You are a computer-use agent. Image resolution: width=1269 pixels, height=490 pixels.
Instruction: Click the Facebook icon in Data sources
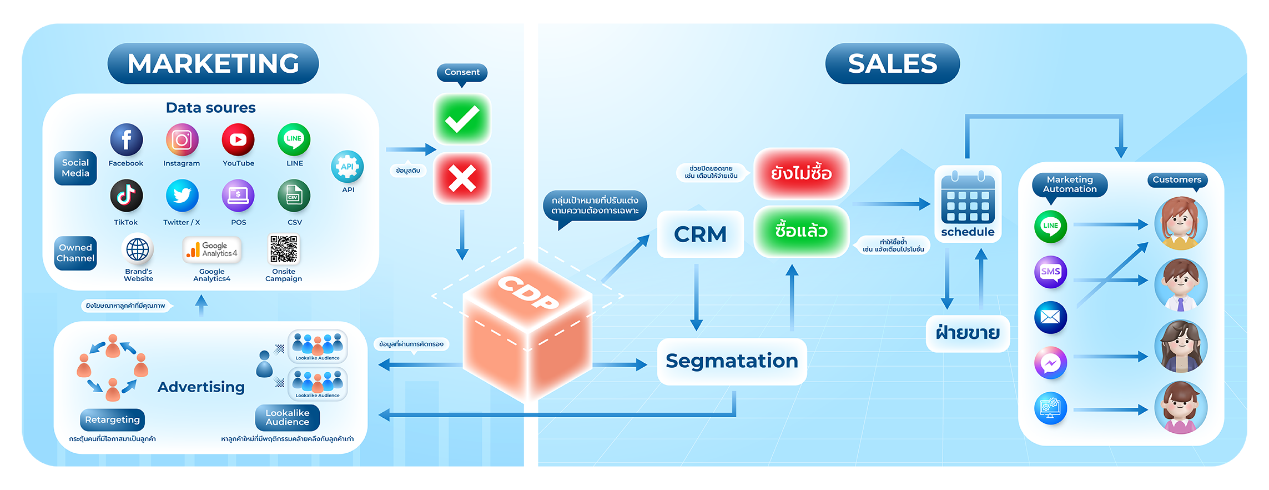click(x=126, y=139)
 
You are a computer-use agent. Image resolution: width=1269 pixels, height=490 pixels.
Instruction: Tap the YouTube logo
click(x=238, y=139)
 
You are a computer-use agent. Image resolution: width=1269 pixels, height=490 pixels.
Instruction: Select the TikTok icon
click(x=126, y=196)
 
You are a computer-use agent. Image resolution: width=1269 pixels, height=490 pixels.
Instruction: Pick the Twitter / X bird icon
click(x=182, y=196)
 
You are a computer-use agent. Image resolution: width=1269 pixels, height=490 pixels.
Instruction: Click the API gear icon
click(x=348, y=167)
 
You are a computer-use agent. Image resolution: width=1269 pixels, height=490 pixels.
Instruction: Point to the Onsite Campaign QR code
click(x=284, y=249)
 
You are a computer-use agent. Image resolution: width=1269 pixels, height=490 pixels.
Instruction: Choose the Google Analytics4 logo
click(x=212, y=249)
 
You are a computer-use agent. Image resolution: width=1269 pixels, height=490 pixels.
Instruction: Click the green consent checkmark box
click(x=462, y=119)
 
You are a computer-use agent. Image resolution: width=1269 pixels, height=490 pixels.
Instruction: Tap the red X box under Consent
click(x=462, y=178)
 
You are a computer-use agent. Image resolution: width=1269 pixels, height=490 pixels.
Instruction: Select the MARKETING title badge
click(x=213, y=64)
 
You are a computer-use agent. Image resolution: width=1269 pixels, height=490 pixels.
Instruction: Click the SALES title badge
click(x=892, y=64)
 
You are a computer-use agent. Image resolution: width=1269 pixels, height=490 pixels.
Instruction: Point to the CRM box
click(x=700, y=234)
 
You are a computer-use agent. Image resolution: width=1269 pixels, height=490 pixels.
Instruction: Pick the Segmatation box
click(x=732, y=361)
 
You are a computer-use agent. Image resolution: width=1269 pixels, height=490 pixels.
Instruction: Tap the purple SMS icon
click(x=1050, y=272)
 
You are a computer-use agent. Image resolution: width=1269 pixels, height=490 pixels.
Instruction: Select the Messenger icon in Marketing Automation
click(x=1050, y=363)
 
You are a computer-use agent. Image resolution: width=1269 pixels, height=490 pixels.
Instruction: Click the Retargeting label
click(x=113, y=419)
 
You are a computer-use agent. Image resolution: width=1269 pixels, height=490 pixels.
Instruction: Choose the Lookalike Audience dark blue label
click(x=287, y=417)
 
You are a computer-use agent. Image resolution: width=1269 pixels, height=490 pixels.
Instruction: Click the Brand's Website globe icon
click(x=138, y=249)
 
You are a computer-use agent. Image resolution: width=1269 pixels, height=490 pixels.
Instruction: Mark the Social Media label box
click(x=75, y=168)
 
